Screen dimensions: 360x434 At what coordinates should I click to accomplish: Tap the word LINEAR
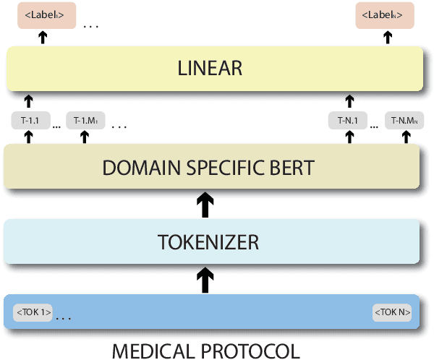coord(209,69)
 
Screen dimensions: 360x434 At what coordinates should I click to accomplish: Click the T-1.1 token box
coord(30,120)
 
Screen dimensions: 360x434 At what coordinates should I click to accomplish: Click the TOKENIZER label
coord(209,241)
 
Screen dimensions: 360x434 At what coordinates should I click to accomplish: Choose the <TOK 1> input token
coord(33,314)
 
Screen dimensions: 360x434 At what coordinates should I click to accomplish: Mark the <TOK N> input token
coord(393,314)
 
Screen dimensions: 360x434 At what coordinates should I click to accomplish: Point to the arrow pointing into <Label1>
coord(43,38)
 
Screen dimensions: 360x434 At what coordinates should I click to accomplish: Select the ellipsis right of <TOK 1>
coord(64,317)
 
